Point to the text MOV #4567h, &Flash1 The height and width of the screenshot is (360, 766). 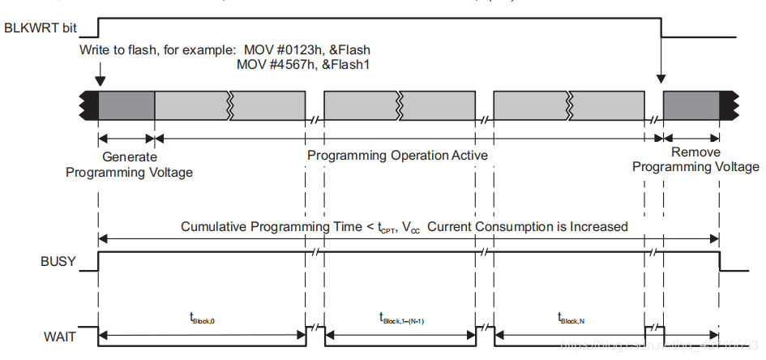pos(303,64)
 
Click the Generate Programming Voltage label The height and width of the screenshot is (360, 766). pos(130,164)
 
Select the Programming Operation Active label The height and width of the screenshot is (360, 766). pos(397,155)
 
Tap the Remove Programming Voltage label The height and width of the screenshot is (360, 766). pos(695,160)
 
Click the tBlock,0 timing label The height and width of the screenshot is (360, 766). pos(201,319)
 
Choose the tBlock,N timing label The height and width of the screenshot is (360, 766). pos(571,319)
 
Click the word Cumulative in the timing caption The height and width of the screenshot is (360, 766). pos(214,227)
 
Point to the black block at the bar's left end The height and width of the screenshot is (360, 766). pos(89,106)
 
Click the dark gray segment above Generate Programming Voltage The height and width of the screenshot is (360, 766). pos(126,106)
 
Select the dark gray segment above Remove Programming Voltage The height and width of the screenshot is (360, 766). pos(691,106)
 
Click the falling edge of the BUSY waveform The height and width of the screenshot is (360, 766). pos(720,261)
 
